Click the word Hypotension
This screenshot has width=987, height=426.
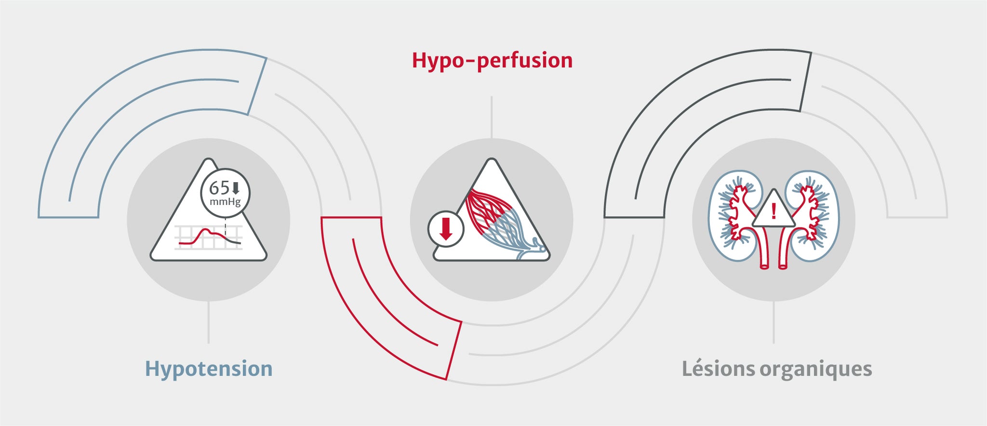[x=209, y=369]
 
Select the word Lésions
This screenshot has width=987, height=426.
[x=718, y=369]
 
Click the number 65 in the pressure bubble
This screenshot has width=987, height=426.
[x=219, y=187]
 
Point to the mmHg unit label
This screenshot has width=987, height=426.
[x=225, y=201]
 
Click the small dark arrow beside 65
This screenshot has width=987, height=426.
[x=236, y=188]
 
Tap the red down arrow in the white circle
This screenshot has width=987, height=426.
[x=446, y=229]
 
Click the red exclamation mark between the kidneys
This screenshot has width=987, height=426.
[x=774, y=211]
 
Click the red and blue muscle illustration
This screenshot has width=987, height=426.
[x=501, y=222]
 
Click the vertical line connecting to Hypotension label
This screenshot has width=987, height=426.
[x=209, y=322]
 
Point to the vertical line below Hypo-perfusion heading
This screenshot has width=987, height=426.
[x=492, y=117]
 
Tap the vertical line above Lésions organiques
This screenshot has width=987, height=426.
[x=774, y=322]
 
